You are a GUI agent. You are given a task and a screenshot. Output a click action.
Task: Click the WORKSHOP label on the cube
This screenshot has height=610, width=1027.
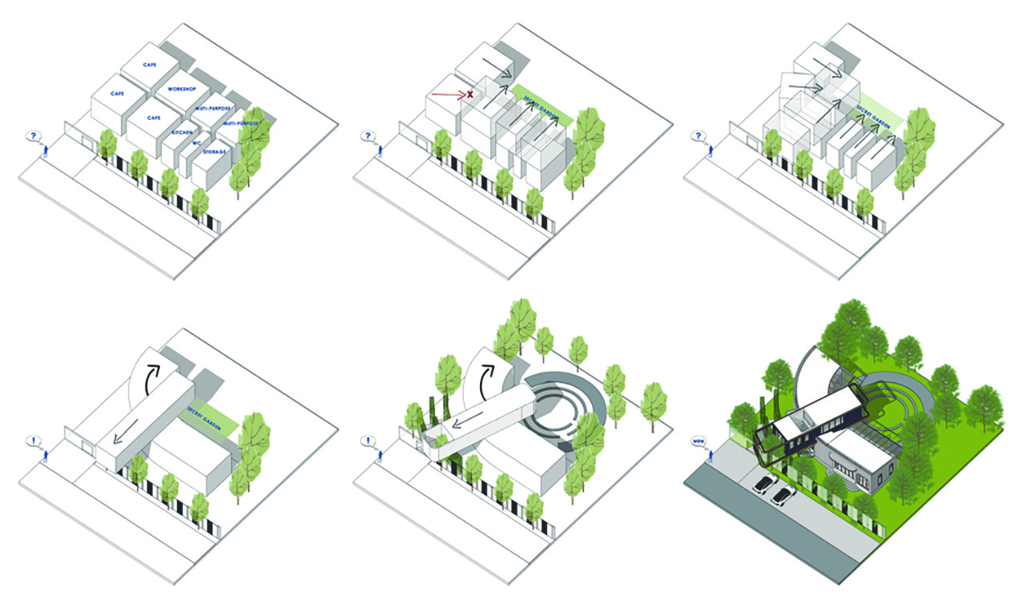183,90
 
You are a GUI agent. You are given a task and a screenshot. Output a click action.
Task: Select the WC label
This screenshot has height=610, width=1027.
196,143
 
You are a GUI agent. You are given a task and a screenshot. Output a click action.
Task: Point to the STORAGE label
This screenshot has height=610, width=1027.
215,151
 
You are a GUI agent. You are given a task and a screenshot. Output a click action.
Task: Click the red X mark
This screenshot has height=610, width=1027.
470,94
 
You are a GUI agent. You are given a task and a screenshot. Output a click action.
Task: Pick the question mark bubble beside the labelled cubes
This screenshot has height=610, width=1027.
34,137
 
